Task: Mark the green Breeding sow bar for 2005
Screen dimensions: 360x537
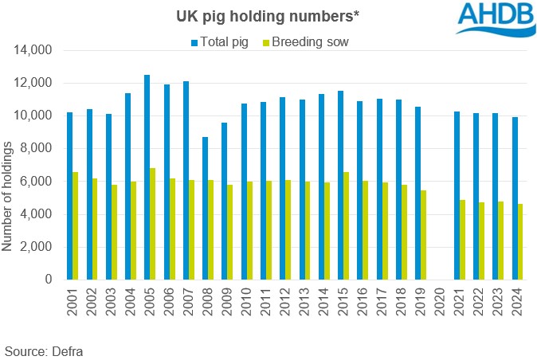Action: [x=152, y=224]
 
